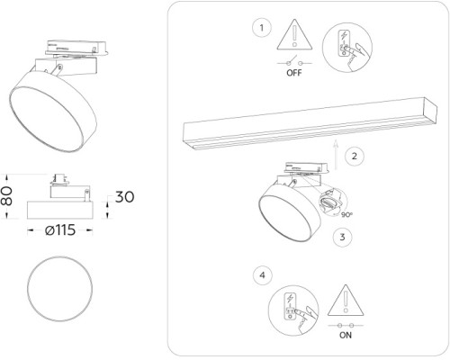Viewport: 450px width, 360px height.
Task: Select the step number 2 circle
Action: click(x=355, y=156)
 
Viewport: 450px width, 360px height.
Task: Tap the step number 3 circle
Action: click(x=341, y=238)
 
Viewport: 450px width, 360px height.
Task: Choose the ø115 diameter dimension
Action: click(x=60, y=230)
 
